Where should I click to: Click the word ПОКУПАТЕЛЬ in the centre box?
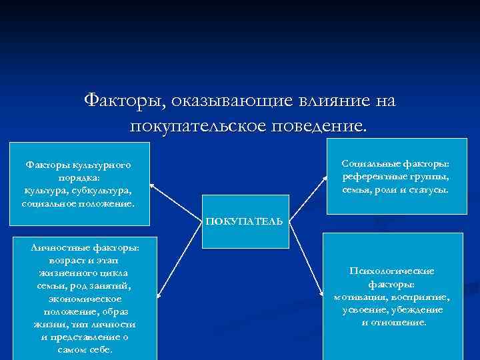(244, 221)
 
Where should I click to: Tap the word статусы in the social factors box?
(429, 190)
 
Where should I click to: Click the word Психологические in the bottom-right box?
(392, 271)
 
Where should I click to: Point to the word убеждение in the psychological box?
(416, 310)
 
